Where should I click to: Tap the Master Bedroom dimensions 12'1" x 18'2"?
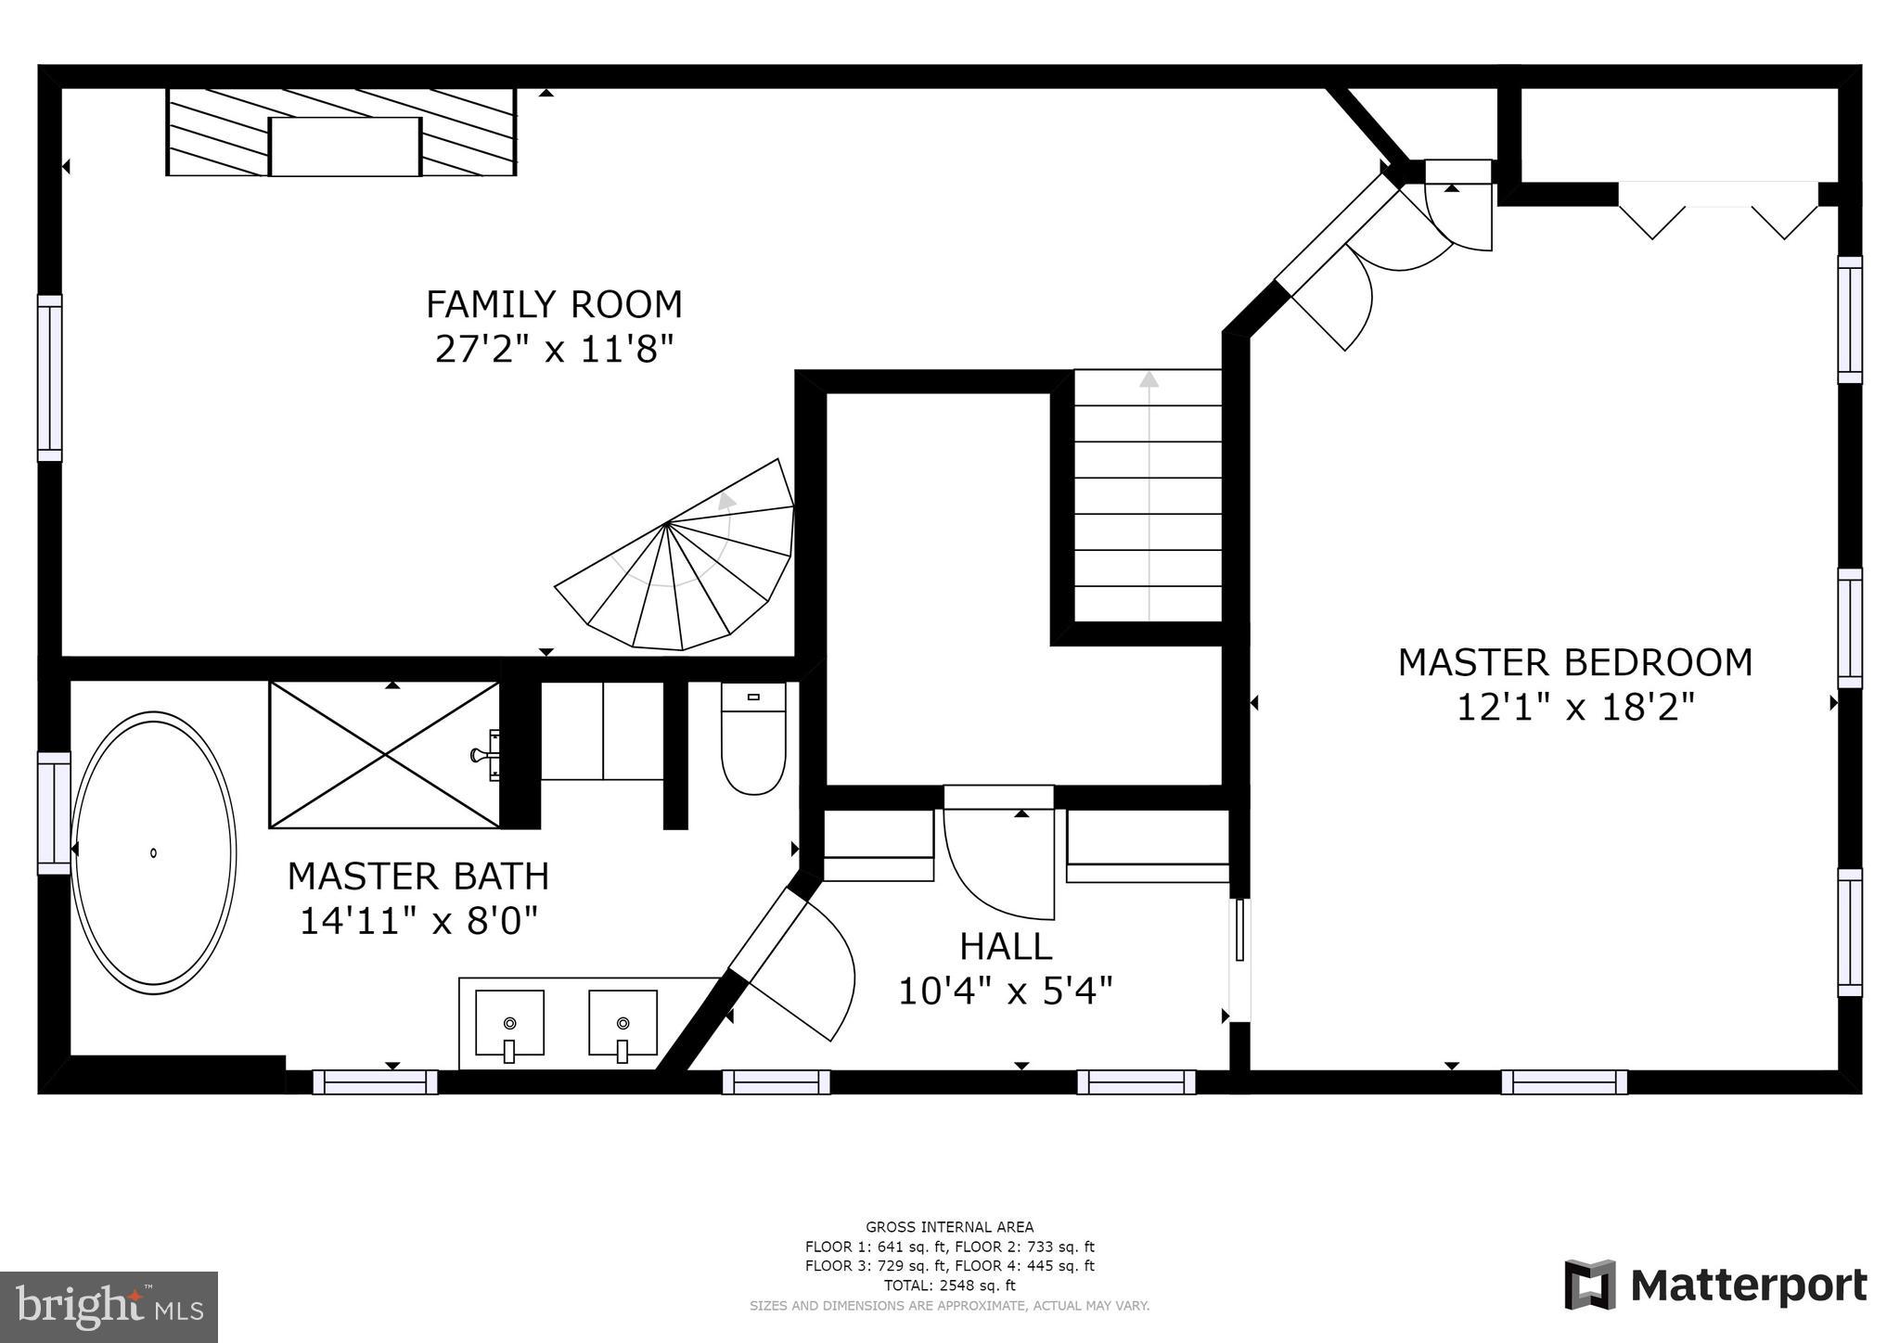pos(1574,709)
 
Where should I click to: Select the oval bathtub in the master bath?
pos(153,852)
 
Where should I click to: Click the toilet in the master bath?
pos(753,741)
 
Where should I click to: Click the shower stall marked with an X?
pos(384,755)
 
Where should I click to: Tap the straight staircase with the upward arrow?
pos(1149,496)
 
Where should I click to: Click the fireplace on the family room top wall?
pos(341,133)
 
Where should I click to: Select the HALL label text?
pos(1006,947)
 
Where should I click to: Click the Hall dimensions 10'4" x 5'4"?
pos(1006,991)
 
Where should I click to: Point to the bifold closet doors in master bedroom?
pos(1718,213)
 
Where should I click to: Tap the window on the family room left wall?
pos(50,377)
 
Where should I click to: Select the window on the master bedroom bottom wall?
pos(1563,1081)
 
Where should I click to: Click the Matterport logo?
pos(1715,1285)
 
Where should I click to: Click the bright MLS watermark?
pos(109,1308)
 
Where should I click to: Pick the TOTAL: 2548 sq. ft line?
pos(949,1285)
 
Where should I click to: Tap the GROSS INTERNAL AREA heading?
pos(949,1227)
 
